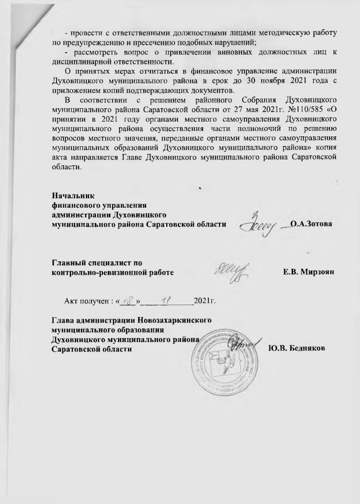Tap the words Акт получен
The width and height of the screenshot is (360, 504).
(81, 299)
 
